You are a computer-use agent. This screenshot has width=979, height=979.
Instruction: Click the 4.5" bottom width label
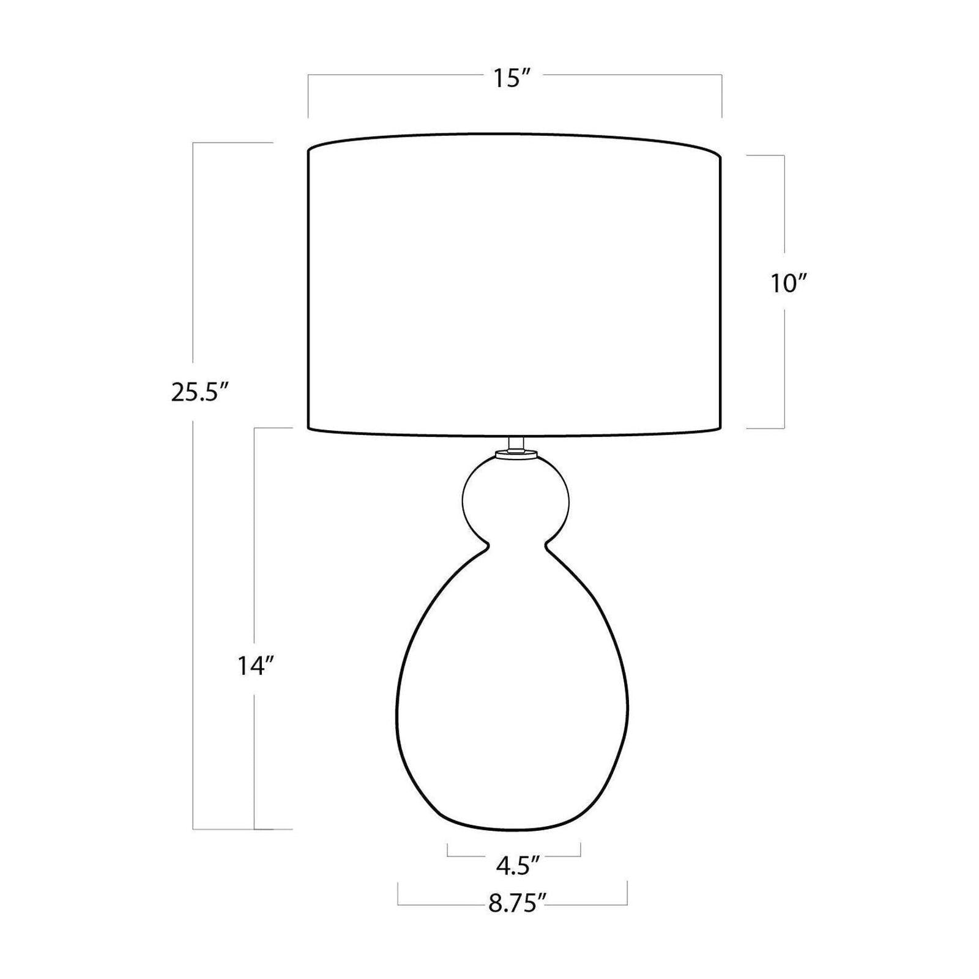pyautogui.click(x=518, y=865)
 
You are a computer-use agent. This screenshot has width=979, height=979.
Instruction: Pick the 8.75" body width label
pyautogui.click(x=517, y=903)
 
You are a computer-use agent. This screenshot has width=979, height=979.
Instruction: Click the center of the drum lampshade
pyautogui.click(x=514, y=285)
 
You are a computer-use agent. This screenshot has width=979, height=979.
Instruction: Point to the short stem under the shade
pyautogui.click(x=516, y=444)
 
